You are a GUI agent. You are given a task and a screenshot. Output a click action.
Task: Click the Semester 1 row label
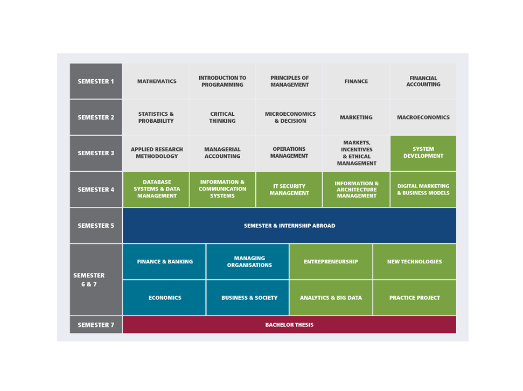[96, 81]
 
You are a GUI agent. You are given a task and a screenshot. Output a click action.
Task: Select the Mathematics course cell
[156, 81]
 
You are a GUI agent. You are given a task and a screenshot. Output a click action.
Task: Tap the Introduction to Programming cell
[222, 81]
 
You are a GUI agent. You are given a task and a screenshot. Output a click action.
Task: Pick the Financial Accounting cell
[423, 81]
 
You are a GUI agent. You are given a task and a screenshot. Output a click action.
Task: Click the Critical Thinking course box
[222, 117]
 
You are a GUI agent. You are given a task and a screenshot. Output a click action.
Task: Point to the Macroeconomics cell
[423, 117]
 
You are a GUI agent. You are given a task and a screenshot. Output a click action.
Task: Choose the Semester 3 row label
[96, 153]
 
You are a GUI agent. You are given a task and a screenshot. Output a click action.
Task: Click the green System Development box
[423, 153]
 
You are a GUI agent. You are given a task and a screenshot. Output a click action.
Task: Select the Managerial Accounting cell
[222, 153]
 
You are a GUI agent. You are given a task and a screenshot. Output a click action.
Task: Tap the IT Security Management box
[289, 189]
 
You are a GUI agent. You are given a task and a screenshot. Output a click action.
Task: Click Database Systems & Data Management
[156, 189]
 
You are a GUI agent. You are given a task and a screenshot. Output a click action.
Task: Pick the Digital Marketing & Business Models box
[423, 189]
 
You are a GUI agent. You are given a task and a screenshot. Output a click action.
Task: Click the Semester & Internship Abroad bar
[289, 226]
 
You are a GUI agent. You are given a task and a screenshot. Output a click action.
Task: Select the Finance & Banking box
[164, 262]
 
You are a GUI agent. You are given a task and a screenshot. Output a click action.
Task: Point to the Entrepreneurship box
[331, 262]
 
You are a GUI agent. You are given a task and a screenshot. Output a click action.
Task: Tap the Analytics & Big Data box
[331, 298]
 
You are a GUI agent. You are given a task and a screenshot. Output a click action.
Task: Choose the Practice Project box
[415, 298]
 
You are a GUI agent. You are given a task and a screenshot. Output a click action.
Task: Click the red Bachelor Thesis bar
[289, 325]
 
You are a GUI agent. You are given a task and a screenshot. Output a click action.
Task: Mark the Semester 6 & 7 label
[96, 280]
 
